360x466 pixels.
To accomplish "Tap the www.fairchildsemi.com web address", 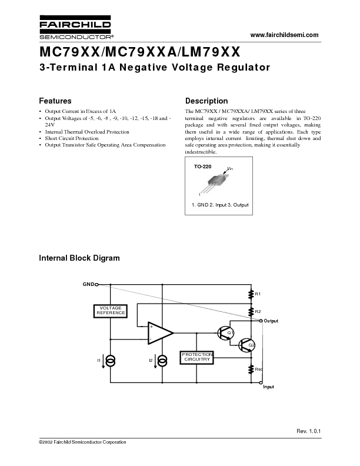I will (284, 35).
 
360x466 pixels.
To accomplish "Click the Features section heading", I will (55, 101).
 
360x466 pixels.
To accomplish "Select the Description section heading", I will (206, 101).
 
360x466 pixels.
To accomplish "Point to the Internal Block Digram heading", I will (79, 258).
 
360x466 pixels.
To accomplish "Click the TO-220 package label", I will (202, 167).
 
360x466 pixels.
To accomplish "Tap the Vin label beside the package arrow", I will (230, 169).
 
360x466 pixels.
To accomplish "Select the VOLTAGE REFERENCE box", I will (110, 311).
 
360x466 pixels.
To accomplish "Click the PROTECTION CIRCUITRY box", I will (196, 357).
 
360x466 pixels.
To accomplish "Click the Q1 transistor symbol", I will (224, 332).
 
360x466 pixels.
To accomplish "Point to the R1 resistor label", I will (258, 293).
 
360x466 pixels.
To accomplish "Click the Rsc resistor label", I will (259, 370).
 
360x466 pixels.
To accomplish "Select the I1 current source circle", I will (110, 360).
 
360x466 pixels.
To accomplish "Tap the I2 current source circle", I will (162, 360).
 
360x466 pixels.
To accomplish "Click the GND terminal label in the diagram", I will (88, 284).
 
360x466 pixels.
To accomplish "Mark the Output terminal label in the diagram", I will (271, 321).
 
